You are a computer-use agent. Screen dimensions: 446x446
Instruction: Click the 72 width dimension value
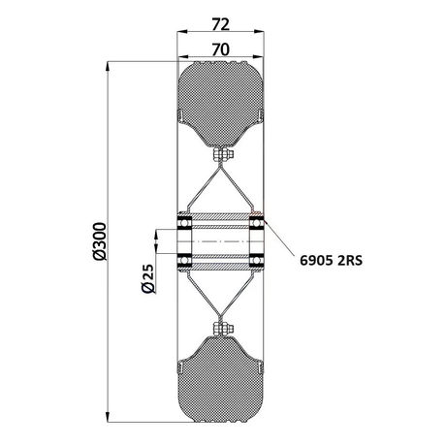[x=221, y=24]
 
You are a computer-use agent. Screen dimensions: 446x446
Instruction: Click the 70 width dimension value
[x=221, y=49]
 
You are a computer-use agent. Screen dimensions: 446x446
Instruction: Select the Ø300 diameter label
[x=100, y=241]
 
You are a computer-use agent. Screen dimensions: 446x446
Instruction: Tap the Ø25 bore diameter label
[x=147, y=278]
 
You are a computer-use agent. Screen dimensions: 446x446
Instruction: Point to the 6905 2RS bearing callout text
[x=332, y=260]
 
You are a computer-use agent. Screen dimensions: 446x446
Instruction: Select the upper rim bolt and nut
[x=223, y=155]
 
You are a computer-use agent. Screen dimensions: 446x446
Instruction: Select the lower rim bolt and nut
[x=223, y=329]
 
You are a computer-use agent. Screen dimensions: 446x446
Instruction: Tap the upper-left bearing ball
[x=184, y=223]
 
